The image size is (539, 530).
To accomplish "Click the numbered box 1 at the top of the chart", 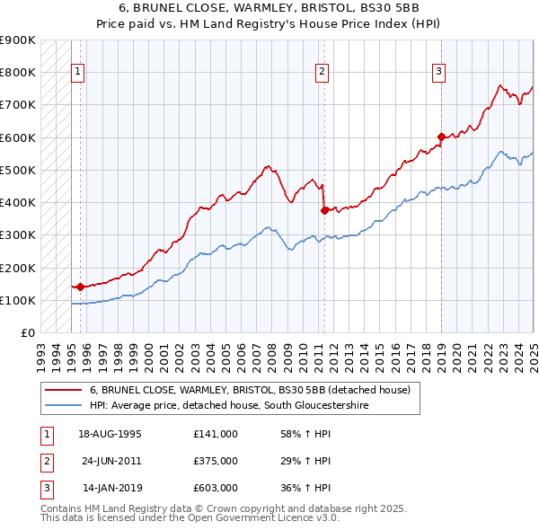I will tap(78, 74).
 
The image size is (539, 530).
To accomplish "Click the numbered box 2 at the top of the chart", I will tap(322, 74).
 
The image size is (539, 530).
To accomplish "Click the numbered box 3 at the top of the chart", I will tap(438, 74).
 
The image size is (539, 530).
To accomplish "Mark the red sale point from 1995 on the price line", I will tap(80, 287).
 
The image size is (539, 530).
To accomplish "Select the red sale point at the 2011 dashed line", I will tap(324, 210).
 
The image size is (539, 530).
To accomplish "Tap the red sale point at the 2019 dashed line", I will tap(441, 137).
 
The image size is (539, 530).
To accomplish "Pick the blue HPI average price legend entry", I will tap(229, 406).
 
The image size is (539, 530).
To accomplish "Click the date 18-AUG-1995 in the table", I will tap(110, 433).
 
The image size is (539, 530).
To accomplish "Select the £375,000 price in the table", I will tap(215, 461).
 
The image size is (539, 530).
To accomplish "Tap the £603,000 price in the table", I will tap(215, 489).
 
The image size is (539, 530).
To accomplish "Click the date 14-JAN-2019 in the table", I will tap(111, 489).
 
